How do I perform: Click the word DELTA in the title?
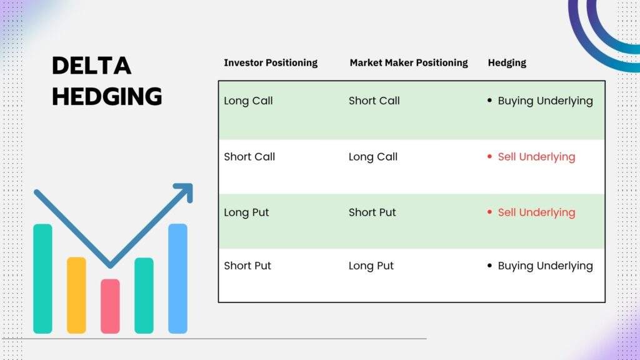91,66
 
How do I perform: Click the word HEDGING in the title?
107,96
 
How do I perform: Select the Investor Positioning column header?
271,63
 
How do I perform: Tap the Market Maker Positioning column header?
409,63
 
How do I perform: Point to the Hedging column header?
507,63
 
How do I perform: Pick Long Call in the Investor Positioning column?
248,101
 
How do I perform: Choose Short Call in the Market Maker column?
374,101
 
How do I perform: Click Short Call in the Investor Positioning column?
249,157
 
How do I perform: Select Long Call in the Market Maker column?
373,157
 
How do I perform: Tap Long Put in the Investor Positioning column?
246,212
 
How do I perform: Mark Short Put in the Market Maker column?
372,212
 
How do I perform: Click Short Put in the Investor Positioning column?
247,266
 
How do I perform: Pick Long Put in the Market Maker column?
371,266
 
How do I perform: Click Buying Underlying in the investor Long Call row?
545,101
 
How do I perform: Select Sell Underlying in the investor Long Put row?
536,212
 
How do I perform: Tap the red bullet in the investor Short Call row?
489,156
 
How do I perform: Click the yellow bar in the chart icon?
76,295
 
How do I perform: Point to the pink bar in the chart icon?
110,306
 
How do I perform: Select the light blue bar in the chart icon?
177,278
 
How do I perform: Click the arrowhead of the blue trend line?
185,191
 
